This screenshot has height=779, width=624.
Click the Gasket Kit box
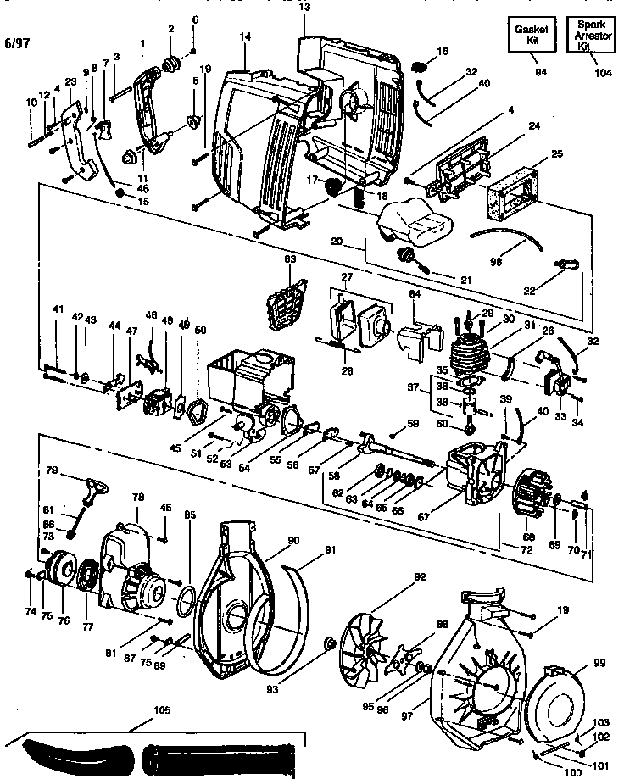[531, 35]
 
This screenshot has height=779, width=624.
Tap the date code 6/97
[18, 42]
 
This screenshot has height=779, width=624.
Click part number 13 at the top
[304, 8]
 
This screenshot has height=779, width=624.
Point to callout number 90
[292, 540]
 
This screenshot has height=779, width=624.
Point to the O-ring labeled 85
[185, 604]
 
